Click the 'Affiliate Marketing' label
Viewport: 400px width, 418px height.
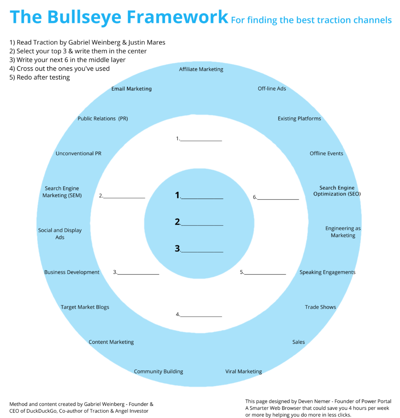(201, 69)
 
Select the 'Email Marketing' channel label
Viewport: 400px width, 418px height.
(131, 89)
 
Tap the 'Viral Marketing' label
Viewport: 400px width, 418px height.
(243, 371)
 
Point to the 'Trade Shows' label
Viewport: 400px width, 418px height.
(320, 307)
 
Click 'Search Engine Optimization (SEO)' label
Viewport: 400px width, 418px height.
(337, 191)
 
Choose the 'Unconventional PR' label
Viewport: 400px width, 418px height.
(79, 153)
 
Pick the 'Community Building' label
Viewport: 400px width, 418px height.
(158, 371)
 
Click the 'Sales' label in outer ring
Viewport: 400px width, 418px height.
(299, 342)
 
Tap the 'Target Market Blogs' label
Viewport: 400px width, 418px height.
(85, 307)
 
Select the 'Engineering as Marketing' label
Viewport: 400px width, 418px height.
(343, 232)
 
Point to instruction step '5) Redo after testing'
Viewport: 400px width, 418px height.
(39, 78)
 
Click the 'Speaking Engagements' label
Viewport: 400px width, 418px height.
(327, 272)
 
